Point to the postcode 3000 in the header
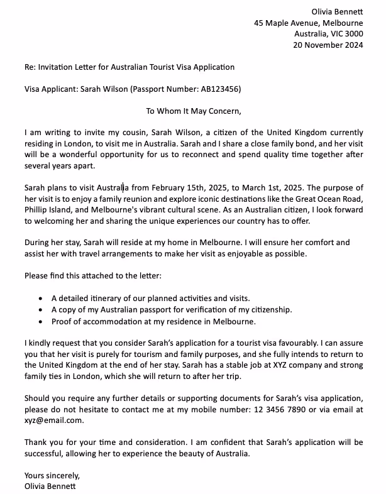(x=352, y=34)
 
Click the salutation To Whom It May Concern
(x=193, y=111)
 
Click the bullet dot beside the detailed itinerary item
(x=41, y=299)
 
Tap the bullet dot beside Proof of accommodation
(x=41, y=321)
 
